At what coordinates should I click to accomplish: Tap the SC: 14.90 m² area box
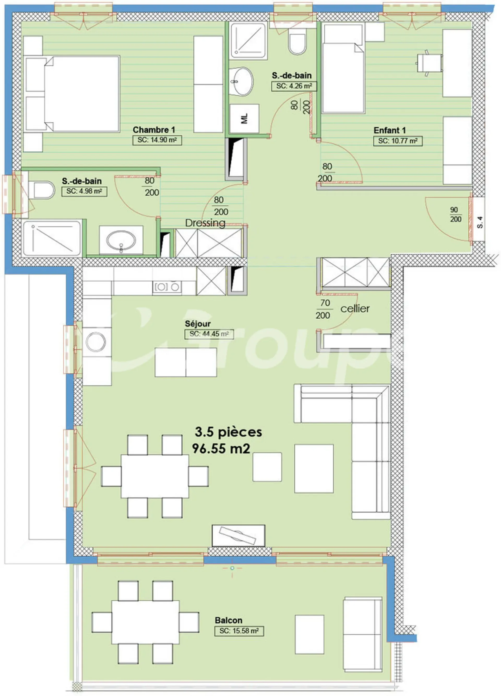tap(157, 140)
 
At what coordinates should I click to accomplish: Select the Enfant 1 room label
tap(390, 130)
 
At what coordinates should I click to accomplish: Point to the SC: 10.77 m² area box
tap(398, 141)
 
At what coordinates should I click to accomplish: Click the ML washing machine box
tap(244, 118)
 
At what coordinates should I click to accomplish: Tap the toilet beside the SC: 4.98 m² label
tap(41, 190)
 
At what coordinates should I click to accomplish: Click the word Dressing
tap(205, 223)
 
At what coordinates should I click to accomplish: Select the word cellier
tap(355, 308)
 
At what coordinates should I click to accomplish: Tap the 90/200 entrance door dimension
tap(456, 214)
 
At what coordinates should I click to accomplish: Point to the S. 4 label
tap(480, 222)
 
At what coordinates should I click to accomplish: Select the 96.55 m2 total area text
tap(221, 449)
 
